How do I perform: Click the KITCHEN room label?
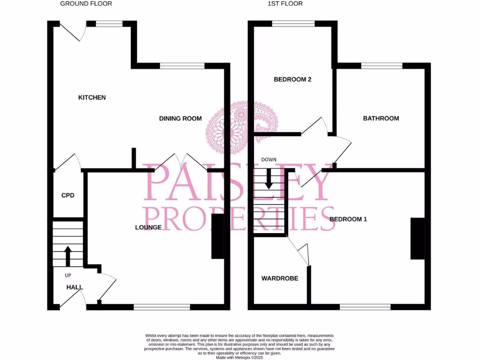[92, 97]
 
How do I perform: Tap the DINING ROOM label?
[180, 119]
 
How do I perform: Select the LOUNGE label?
[148, 227]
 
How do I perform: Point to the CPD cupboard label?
[68, 195]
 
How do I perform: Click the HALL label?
[74, 287]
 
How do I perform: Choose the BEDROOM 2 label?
[292, 80]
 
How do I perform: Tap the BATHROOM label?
[381, 119]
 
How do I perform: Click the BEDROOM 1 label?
[348, 219]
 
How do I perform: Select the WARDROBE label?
[279, 278]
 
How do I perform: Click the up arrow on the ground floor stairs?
[67, 255]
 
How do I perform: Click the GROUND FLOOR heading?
[86, 4]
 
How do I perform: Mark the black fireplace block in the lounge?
[217, 237]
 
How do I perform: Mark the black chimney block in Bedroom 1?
[418, 239]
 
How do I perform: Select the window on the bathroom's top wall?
[381, 66]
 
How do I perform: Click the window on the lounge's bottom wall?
[162, 307]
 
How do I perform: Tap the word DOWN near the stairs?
[269, 160]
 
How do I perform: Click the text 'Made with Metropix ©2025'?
[240, 357]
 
